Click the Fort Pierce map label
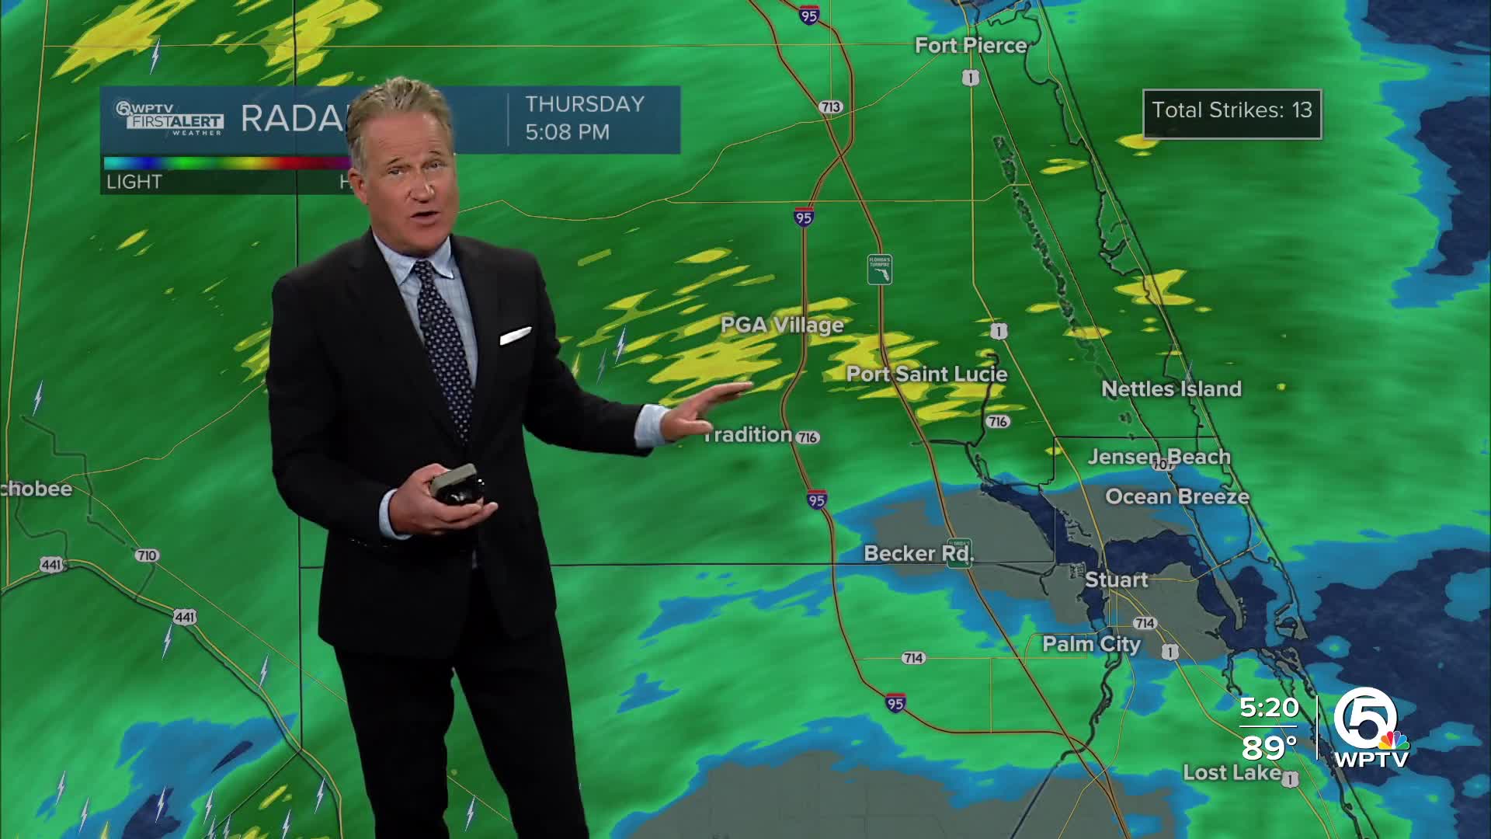[971, 46]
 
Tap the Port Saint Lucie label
[926, 374]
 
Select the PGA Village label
[782, 325]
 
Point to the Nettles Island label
[1171, 389]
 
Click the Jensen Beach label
[1159, 457]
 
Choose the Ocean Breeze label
[1177, 497]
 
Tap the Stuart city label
[1116, 580]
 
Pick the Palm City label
[1091, 644]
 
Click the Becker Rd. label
[919, 554]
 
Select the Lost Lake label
[1232, 773]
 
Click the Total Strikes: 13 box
[1232, 113]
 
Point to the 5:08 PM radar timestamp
[567, 133]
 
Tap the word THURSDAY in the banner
[585, 105]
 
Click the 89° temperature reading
[1269, 748]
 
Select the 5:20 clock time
[1269, 708]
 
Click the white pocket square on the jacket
[515, 336]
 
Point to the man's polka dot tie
[444, 342]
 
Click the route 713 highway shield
[830, 107]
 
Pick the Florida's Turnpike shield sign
[879, 269]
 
